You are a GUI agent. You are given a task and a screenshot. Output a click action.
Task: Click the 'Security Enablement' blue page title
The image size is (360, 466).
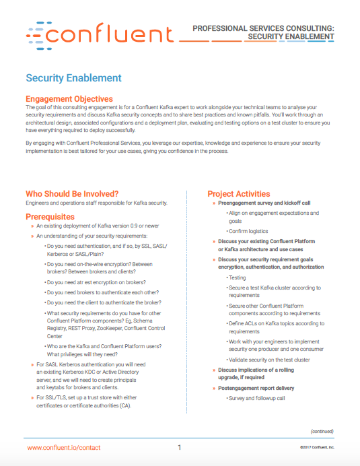[73, 78]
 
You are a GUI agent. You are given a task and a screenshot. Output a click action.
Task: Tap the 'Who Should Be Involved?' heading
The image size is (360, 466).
[72, 194]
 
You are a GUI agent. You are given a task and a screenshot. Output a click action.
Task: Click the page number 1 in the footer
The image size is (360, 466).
[180, 448]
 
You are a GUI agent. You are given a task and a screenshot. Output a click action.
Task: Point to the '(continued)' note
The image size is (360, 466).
[322, 431]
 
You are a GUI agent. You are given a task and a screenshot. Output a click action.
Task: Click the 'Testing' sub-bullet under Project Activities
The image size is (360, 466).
[237, 277]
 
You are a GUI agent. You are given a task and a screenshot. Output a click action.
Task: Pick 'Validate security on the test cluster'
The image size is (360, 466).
[269, 360]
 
